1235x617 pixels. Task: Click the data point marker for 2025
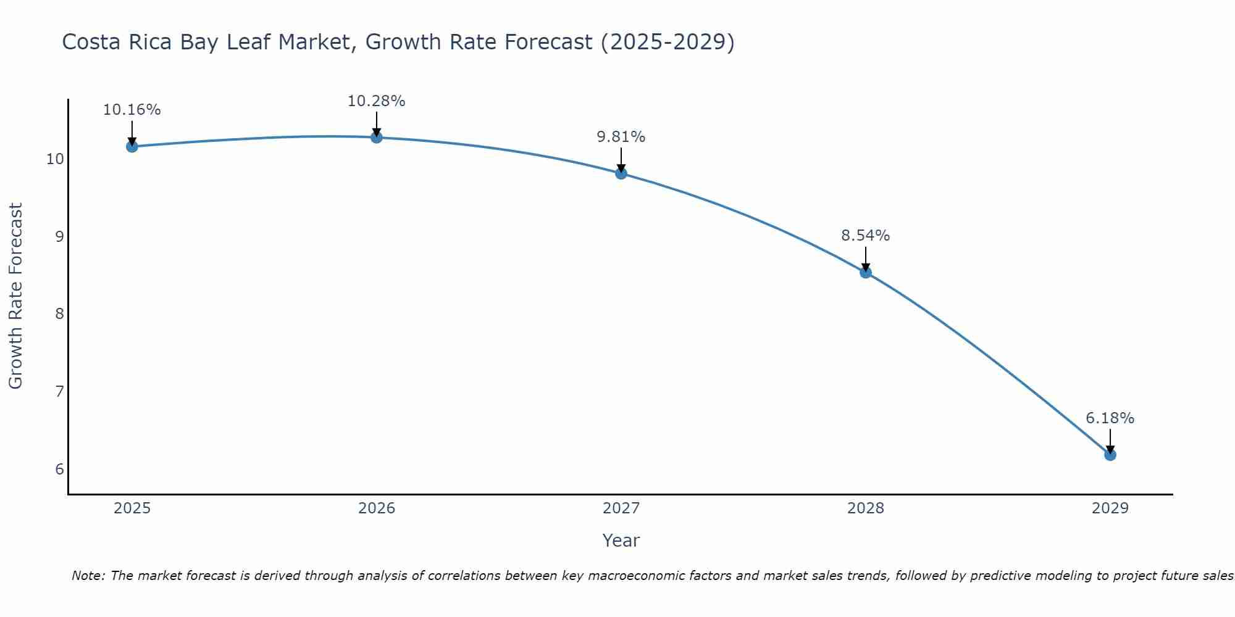pos(132,146)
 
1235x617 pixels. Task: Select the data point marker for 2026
pos(376,137)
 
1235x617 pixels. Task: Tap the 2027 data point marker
pos(621,173)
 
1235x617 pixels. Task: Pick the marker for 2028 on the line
pos(866,272)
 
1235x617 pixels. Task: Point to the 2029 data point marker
pos(1110,455)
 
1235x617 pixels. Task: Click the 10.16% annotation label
pos(132,110)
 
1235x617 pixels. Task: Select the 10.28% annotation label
pos(376,101)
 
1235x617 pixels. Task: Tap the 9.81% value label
pos(621,137)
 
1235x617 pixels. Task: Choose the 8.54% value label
pos(866,236)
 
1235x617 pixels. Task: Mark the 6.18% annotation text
pos(1110,418)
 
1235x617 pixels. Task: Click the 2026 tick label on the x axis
pos(377,508)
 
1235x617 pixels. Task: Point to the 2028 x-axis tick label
pos(866,508)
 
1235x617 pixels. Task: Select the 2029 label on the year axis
pos(1110,508)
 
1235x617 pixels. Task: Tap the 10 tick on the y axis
pos(55,159)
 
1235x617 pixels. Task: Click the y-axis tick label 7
pos(59,392)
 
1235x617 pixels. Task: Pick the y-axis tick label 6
pos(59,470)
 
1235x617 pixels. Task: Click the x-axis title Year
pos(621,540)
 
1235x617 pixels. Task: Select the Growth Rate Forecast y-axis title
pos(15,296)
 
